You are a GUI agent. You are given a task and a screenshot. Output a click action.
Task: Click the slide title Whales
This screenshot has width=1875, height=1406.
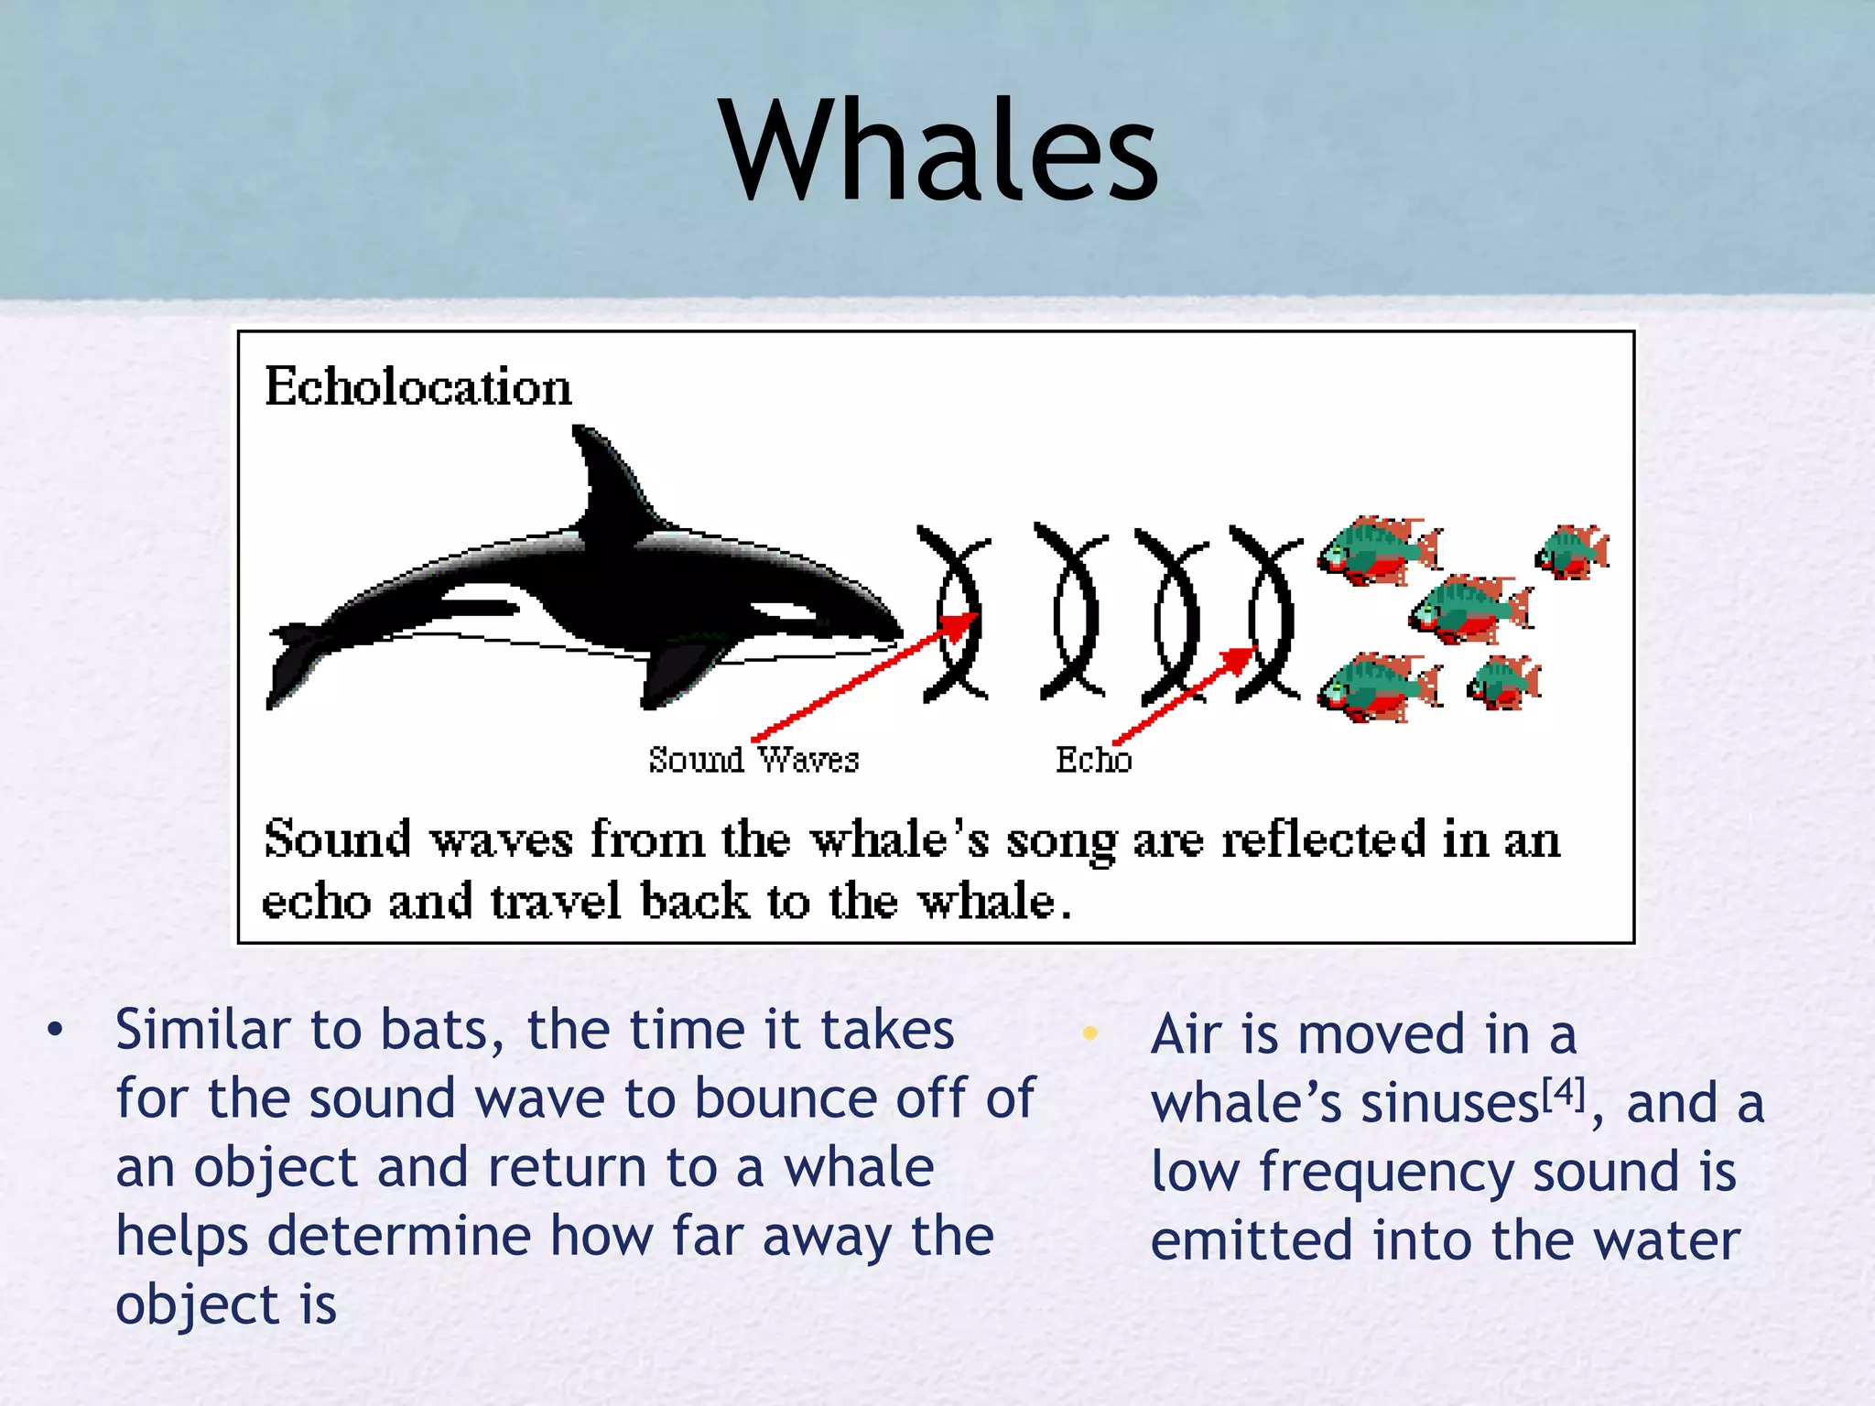[939, 151]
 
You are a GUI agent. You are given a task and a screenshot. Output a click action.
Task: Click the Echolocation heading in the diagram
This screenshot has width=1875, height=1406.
[417, 386]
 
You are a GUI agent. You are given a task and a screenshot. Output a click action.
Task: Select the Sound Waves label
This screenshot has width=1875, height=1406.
[753, 760]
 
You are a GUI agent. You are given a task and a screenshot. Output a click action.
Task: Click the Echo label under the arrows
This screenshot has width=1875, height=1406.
[1093, 760]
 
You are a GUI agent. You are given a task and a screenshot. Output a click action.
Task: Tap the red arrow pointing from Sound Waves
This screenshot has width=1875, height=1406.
[861, 677]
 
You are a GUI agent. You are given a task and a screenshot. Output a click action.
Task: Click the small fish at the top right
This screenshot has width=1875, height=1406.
[1573, 551]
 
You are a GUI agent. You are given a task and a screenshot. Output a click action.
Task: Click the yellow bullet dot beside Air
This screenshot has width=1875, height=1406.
[1089, 1033]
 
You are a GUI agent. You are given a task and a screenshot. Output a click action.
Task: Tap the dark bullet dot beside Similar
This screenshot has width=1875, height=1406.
[56, 1030]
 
